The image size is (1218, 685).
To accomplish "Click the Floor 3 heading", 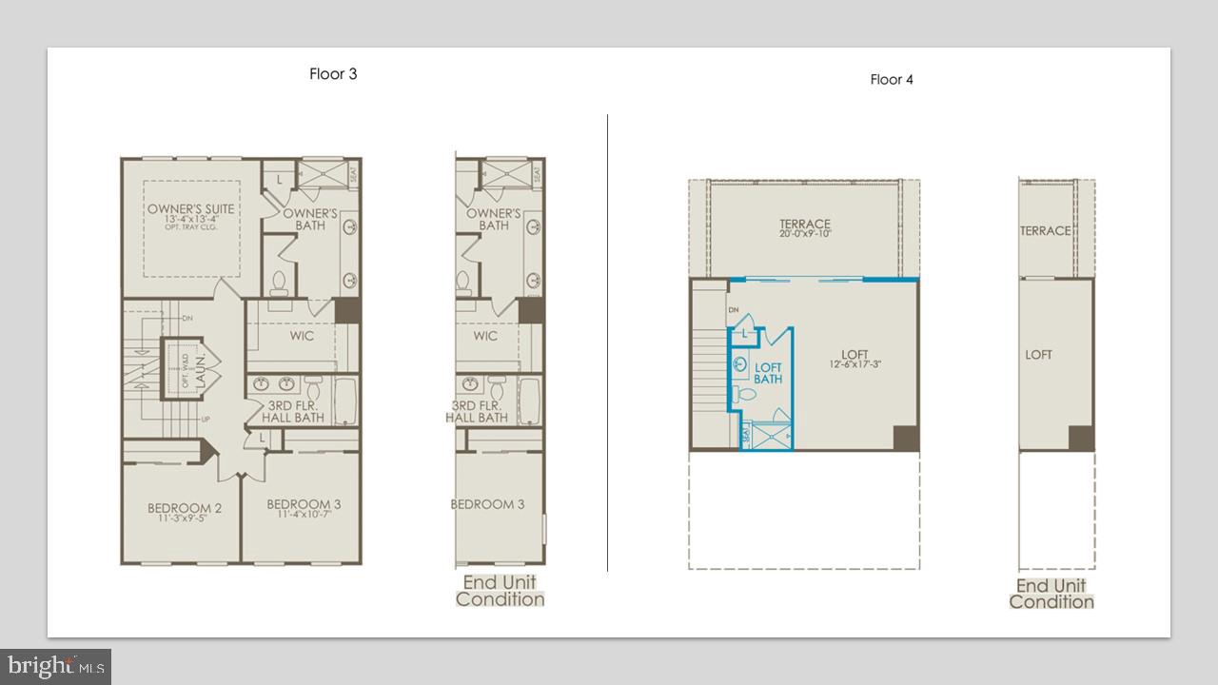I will (x=333, y=74).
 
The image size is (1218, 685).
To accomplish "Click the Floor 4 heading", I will (x=892, y=80).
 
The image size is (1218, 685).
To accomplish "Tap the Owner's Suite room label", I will (x=190, y=209).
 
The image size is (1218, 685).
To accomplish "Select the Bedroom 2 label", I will (x=185, y=508).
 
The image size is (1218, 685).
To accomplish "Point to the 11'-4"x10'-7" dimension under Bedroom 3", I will (x=304, y=516).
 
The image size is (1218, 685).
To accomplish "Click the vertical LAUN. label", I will (x=201, y=367).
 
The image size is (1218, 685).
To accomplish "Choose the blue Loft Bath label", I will (x=768, y=373).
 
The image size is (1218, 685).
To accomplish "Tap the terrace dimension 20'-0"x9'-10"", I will (x=805, y=234).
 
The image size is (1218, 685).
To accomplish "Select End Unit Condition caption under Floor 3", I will (x=500, y=591).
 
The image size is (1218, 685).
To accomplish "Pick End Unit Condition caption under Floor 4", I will (x=1051, y=594).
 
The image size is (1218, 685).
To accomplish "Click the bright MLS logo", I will (x=55, y=665).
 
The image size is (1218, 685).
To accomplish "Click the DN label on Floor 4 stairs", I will (x=734, y=310).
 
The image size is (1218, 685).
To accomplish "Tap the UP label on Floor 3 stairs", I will (x=205, y=420).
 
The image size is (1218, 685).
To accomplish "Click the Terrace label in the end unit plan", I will (x=1045, y=231).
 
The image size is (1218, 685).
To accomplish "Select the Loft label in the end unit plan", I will (x=1038, y=355).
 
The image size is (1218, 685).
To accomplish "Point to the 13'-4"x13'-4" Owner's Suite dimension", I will (x=190, y=220).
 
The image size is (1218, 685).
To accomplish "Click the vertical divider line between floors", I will (x=607, y=342).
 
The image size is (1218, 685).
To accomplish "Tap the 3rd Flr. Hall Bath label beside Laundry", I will (x=294, y=412).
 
